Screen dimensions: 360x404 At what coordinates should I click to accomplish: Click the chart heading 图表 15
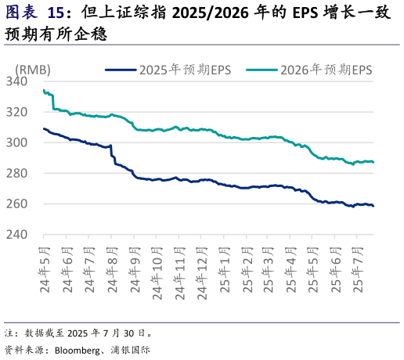35,13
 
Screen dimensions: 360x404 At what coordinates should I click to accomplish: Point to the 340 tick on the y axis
16,81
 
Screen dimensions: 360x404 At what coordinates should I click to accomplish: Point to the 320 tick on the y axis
16,112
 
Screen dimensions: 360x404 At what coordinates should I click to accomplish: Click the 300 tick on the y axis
16,142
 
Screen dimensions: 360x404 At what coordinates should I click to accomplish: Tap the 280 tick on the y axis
16,173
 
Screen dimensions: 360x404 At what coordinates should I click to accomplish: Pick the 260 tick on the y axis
16,203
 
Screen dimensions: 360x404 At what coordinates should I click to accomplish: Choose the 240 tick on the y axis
16,234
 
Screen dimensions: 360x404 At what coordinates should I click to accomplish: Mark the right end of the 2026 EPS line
373,162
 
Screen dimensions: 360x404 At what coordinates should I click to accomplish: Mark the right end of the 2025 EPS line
373,206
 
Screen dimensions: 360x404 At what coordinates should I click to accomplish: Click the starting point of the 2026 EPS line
43,90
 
